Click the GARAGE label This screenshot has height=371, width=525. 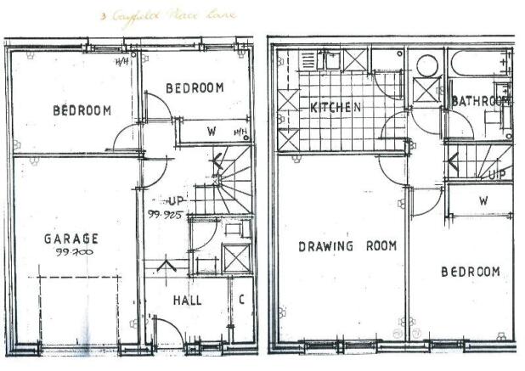tap(71, 239)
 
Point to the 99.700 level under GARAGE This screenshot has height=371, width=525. tap(72, 252)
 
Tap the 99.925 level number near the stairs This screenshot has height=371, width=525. tap(168, 216)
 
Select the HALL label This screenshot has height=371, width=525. tap(187, 300)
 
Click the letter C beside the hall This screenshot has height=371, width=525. tap(241, 299)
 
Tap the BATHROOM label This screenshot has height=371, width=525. tap(480, 101)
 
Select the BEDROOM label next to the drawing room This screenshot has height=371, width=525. tap(470, 271)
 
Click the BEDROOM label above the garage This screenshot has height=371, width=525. tap(82, 110)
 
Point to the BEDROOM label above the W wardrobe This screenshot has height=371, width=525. tap(195, 87)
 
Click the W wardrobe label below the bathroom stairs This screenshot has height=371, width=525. tap(483, 201)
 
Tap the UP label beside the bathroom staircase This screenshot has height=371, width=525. tap(497, 174)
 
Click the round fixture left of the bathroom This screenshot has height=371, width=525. tap(427, 65)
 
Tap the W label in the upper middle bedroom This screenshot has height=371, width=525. tap(211, 132)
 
